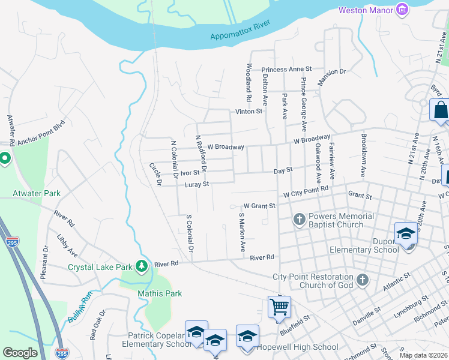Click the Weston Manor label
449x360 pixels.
click(365, 10)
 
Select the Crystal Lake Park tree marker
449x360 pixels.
click(142, 265)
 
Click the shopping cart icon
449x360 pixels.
click(279, 307)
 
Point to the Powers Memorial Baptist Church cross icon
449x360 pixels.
click(299, 220)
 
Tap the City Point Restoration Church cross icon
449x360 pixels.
click(361, 280)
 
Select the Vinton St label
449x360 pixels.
click(249, 112)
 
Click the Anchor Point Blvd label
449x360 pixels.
click(40, 135)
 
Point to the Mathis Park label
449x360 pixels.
click(160, 293)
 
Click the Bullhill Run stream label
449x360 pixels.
click(81, 310)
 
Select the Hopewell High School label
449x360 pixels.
click(297, 347)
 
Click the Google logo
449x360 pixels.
click(20, 353)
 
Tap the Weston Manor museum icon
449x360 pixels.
click(402, 10)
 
